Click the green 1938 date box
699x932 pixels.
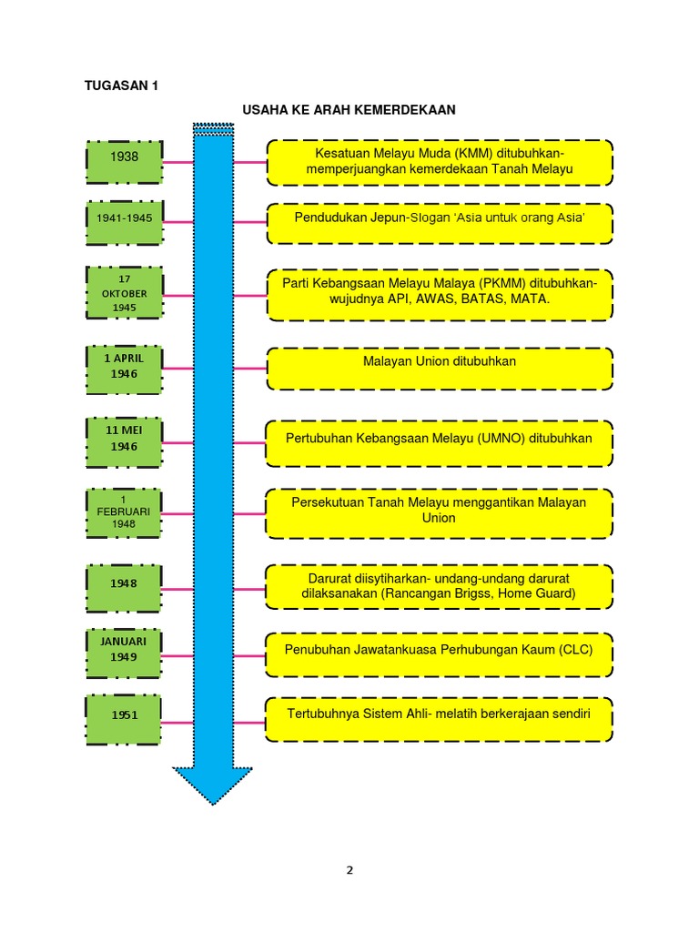[125, 162]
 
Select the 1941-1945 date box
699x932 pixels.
[125, 222]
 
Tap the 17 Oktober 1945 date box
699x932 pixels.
[125, 293]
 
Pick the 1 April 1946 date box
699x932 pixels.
[125, 368]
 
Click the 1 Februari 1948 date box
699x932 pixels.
[125, 513]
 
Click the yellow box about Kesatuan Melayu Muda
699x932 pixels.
[440, 162]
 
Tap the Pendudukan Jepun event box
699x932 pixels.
[440, 222]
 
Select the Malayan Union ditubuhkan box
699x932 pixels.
[440, 367]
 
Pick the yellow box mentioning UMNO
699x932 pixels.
[440, 442]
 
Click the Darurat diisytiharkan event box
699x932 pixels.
[440, 587]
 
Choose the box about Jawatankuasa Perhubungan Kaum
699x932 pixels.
[440, 655]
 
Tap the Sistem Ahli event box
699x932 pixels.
[440, 719]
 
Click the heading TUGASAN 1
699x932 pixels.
[122, 86]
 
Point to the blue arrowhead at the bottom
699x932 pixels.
[213, 785]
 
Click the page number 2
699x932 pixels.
[349, 870]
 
